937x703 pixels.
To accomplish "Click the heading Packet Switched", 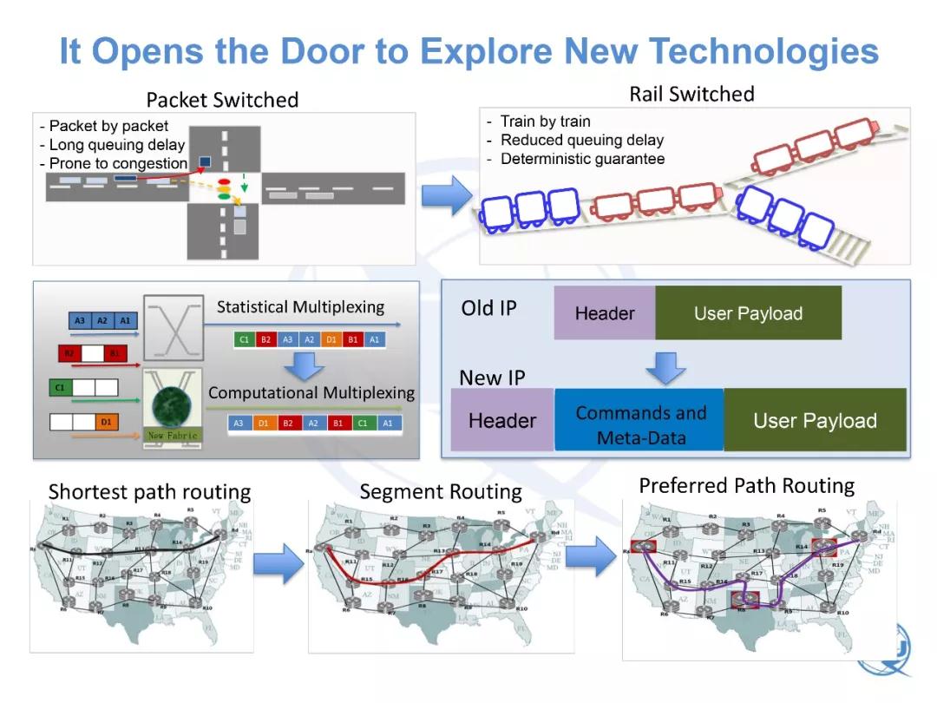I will coord(222,100).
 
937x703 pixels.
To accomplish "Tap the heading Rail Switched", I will coord(691,94).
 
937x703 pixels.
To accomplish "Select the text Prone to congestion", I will coord(118,163).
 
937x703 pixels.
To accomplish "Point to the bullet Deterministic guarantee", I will coord(582,159).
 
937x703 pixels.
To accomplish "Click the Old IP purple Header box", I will coord(605,313).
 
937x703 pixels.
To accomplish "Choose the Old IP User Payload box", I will coord(748,313).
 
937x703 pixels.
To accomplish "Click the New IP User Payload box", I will coord(815,421).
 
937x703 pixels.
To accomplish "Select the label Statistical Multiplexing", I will coord(300,307).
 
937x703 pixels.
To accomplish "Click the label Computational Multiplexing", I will coord(311,393).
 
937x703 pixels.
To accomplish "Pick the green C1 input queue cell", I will coord(60,388).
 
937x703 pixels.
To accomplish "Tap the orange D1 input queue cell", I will coord(106,423).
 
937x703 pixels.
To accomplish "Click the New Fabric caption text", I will coord(173,435).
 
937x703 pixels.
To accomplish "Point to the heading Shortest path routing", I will coord(149,492).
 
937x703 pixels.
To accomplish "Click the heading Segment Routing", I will coord(441,492).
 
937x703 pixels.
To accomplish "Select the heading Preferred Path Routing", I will coord(746,485).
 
